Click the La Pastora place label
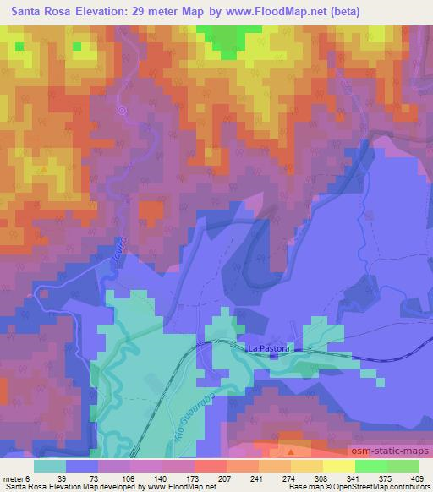pos(268,347)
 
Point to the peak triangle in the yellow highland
pos(44,169)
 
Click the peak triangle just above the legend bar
pos(292,451)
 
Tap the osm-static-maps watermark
pos(393,448)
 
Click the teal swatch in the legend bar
pos(51,466)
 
